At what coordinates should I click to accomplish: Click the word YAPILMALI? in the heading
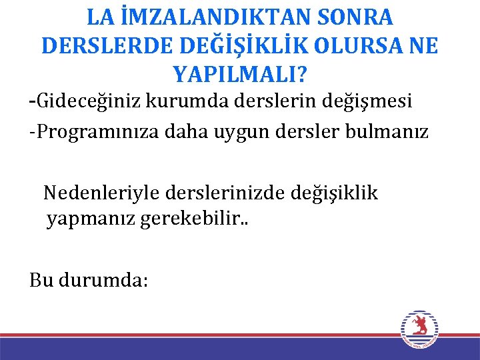click(240, 72)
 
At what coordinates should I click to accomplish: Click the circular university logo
click(419, 329)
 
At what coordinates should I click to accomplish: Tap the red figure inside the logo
click(419, 326)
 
